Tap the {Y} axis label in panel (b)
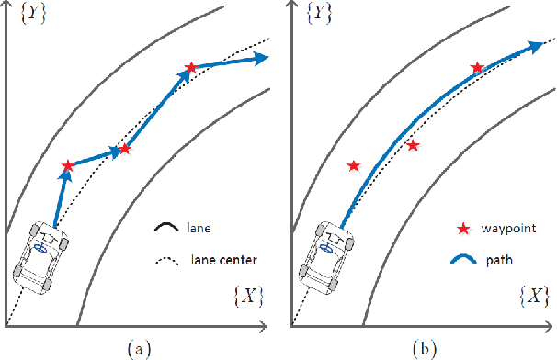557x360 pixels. pyautogui.click(x=321, y=16)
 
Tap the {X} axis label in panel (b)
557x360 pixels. pyautogui.click(x=534, y=296)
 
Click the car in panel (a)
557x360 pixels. pyautogui.click(x=40, y=255)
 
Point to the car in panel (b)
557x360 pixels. pyautogui.click(x=325, y=255)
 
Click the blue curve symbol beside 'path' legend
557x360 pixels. pyautogui.click(x=467, y=260)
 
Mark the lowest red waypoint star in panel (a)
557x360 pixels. pyautogui.click(x=67, y=166)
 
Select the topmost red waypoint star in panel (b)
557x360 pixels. pyautogui.click(x=477, y=67)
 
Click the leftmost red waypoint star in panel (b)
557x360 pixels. pyautogui.click(x=353, y=166)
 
